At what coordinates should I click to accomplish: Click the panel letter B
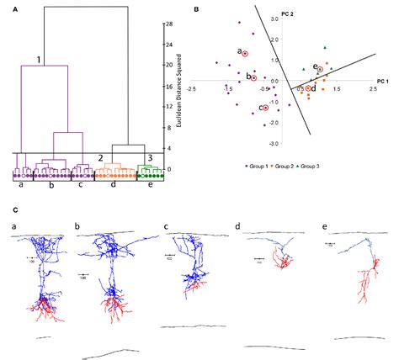196,10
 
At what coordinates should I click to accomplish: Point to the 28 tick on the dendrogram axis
169,24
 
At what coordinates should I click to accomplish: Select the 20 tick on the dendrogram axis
169,65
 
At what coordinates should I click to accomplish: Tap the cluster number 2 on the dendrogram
100,157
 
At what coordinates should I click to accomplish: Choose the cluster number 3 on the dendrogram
149,157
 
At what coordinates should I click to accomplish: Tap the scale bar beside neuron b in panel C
84,273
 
